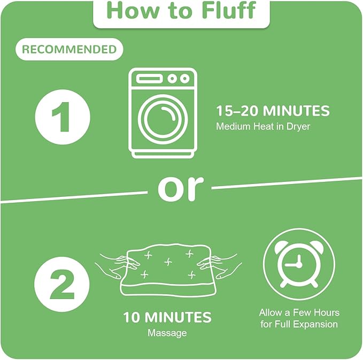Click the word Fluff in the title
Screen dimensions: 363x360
pos(229,10)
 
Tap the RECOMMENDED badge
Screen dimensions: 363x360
pos(69,49)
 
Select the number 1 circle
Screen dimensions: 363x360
pos(63,117)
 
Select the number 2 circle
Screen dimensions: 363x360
pos(62,284)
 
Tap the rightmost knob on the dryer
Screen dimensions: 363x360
pos(184,79)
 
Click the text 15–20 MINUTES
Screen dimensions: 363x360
pos(273,111)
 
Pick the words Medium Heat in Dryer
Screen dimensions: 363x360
pos(262,126)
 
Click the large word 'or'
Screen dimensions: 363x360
pos(181,188)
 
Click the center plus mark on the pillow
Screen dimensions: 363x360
pos(168,262)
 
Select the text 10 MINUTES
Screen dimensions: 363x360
pos(167,317)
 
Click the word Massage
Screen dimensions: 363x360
pos(167,333)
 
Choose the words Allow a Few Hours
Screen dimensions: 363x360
pos(299,312)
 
